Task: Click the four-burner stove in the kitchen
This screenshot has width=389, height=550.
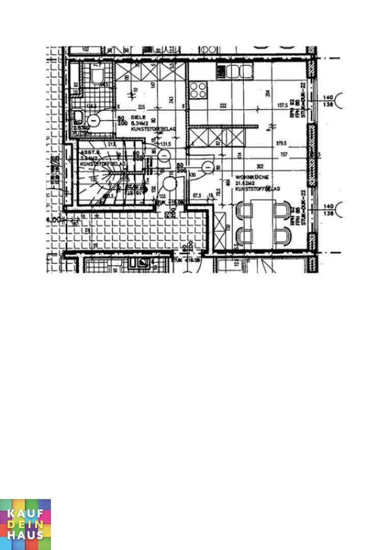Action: pyautogui.click(x=199, y=90)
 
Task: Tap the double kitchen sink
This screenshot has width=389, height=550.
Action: pyautogui.click(x=238, y=72)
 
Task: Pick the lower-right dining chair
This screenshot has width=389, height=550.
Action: pyautogui.click(x=281, y=236)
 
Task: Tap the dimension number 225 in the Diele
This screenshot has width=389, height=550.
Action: pyautogui.click(x=142, y=107)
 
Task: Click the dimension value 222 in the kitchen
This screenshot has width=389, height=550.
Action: pyautogui.click(x=223, y=106)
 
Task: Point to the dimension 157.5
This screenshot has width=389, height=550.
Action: pyautogui.click(x=283, y=106)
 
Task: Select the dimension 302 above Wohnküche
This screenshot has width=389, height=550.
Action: pyautogui.click(x=260, y=166)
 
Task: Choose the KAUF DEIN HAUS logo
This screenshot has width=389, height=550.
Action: pyautogui.click(x=25, y=524)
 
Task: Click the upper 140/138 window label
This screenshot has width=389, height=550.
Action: pyautogui.click(x=328, y=100)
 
